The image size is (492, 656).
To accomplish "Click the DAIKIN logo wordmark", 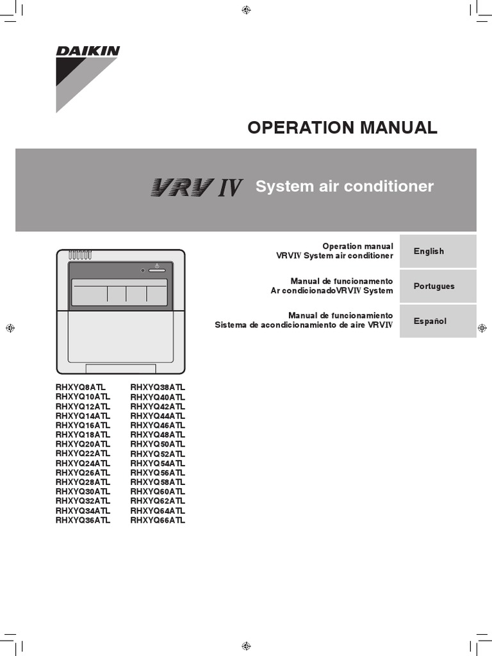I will pos(88,51).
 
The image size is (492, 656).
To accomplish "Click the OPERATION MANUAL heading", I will pos(342,127).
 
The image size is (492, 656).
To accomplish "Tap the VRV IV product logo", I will pos(196,187).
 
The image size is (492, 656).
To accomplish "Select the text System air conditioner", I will pos(345,186).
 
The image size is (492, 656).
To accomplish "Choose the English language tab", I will pos(438,251).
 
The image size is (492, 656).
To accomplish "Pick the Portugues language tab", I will pos(438,286).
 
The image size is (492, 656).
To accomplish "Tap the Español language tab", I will pos(438,321).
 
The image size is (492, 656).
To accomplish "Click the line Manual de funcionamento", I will pos(341,281).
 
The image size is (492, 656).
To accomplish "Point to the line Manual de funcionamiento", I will pos(340,316).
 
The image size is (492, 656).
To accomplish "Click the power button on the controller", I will pos(156,270).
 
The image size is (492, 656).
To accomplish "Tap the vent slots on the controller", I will pos(80,254).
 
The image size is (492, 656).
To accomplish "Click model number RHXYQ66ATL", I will pos(158,520).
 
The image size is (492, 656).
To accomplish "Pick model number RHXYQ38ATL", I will pos(158,388).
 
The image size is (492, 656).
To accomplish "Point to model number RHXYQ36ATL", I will pos(83,520).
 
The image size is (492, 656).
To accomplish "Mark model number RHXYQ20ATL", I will pos(83,444).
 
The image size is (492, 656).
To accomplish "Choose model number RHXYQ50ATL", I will pos(158,444).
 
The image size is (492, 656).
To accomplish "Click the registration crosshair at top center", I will pos(246,9).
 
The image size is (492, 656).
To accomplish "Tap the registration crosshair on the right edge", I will pos(482,328).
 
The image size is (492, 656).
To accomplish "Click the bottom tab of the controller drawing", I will pos(120,368).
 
